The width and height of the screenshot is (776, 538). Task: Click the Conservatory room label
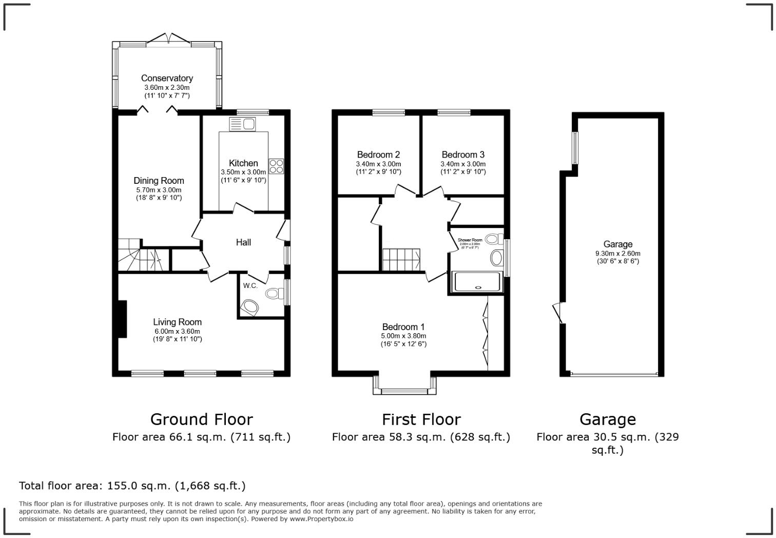click(167, 78)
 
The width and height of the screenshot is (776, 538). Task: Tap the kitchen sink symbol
click(242, 124)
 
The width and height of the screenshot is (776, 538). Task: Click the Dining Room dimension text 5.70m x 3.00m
click(159, 190)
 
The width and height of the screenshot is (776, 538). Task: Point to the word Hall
click(243, 242)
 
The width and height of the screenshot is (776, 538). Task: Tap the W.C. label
click(250, 285)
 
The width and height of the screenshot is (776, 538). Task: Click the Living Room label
click(177, 322)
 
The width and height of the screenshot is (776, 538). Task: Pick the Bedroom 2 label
click(378, 155)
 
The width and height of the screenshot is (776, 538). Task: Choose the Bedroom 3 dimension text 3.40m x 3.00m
click(463, 164)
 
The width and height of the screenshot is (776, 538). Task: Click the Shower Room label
click(470, 240)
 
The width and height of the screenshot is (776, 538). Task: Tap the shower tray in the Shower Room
click(476, 282)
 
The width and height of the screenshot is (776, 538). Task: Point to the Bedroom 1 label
click(403, 327)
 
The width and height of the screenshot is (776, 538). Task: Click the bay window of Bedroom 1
click(404, 391)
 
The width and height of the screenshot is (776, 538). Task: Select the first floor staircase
click(401, 259)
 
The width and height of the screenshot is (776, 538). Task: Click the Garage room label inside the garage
click(617, 244)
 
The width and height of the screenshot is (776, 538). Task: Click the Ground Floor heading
click(201, 419)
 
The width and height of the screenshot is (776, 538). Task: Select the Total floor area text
click(132, 486)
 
